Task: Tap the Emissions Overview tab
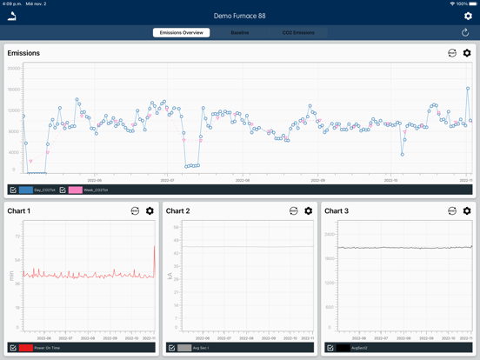coord(181,33)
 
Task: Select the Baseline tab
coord(239,33)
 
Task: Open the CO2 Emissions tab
coord(298,33)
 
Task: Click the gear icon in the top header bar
coord(468,16)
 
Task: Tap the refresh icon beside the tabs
coord(465,33)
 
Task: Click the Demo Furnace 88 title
coord(240,16)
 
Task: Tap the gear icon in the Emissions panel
coord(467,53)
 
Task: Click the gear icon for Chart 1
coord(150,211)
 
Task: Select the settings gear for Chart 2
coord(308,211)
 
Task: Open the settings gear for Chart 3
coord(467,211)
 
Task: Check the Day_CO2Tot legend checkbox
coord(13,190)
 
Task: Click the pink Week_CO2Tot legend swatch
coord(76,190)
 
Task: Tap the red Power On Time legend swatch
coord(26,348)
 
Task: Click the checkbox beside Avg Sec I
coord(171,348)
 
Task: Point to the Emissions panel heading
coord(23,53)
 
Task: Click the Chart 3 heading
coord(337,211)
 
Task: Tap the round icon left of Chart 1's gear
coord(135,211)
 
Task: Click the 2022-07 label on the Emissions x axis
coord(168,180)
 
